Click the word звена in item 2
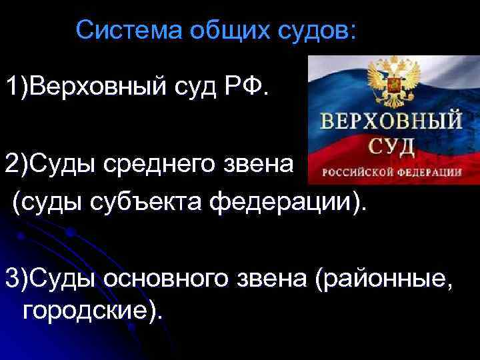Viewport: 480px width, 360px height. coord(265,163)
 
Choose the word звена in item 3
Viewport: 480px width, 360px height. coord(266,275)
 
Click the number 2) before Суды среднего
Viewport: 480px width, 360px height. coord(19,163)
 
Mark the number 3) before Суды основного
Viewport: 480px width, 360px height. coord(19,275)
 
